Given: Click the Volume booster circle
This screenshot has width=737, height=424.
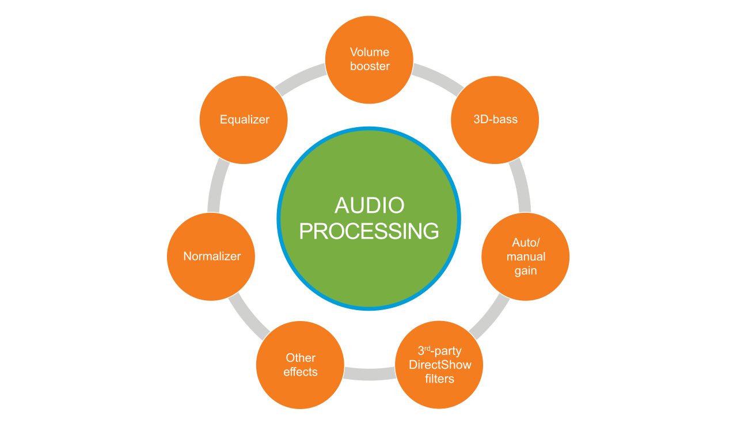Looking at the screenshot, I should pyautogui.click(x=370, y=59).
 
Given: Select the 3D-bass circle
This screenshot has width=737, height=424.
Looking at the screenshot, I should pyautogui.click(x=494, y=120).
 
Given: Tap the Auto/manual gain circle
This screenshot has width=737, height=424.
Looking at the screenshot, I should pyautogui.click(x=525, y=257).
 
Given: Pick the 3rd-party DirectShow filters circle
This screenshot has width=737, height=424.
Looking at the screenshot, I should pyautogui.click(x=439, y=365).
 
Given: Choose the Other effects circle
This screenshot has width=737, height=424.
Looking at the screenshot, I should pyautogui.click(x=300, y=365).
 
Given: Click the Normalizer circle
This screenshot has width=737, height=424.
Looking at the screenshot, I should pyautogui.click(x=211, y=257).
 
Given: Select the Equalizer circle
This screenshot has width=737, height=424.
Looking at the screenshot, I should pyautogui.click(x=244, y=120).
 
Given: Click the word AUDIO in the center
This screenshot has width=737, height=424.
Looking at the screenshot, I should pyautogui.click(x=369, y=206).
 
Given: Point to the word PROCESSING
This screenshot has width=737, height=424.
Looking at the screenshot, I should pyautogui.click(x=369, y=231).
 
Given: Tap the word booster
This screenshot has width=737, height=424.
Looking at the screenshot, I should pyautogui.click(x=370, y=66).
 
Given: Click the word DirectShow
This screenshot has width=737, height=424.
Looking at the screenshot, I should pyautogui.click(x=439, y=365).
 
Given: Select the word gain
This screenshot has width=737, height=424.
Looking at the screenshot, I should pyautogui.click(x=525, y=270).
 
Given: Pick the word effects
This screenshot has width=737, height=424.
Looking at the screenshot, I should pyautogui.click(x=300, y=372).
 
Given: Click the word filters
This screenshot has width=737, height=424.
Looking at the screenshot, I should pyautogui.click(x=439, y=379).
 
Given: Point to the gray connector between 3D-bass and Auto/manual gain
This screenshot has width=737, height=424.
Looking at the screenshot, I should pyautogui.click(x=522, y=184).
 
